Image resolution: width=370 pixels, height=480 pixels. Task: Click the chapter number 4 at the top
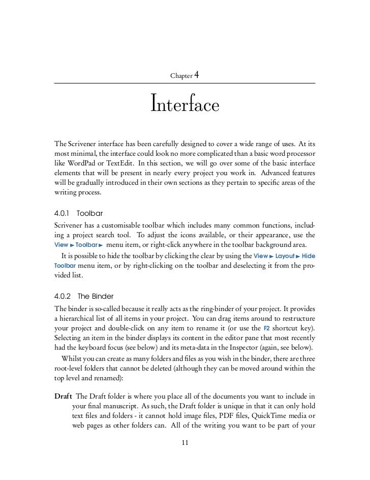click(196, 75)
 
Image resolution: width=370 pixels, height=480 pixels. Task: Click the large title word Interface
click(185, 106)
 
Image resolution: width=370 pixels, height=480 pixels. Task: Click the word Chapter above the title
click(181, 76)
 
